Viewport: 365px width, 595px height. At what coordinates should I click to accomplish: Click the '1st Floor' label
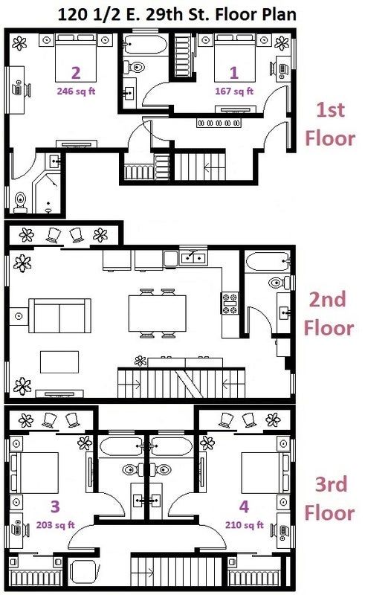tap(330, 124)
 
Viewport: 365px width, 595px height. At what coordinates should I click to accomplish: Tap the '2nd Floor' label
tap(329, 313)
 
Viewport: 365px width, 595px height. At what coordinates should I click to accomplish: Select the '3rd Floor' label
tap(330, 498)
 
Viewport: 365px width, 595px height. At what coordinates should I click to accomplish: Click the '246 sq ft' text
tap(76, 91)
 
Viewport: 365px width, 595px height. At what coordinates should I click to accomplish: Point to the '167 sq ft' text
tap(234, 91)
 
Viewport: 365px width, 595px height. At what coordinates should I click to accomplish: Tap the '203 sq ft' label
tap(56, 525)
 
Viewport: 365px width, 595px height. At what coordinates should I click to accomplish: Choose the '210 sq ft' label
tap(245, 525)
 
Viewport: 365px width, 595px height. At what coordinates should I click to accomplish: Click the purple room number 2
tap(76, 72)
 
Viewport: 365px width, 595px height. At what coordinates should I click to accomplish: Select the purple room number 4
tap(244, 506)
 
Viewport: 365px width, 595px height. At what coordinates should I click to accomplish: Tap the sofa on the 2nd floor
tap(60, 315)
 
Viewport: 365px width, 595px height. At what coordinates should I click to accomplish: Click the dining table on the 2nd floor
tap(157, 313)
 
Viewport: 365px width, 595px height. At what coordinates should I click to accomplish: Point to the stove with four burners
tap(230, 303)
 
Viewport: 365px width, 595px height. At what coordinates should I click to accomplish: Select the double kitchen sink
tap(193, 258)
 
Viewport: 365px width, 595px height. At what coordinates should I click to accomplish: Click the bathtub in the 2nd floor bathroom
tap(268, 262)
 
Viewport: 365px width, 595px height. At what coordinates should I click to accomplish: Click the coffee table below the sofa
tap(59, 362)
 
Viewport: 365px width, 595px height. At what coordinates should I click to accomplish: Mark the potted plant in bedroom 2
tap(19, 43)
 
